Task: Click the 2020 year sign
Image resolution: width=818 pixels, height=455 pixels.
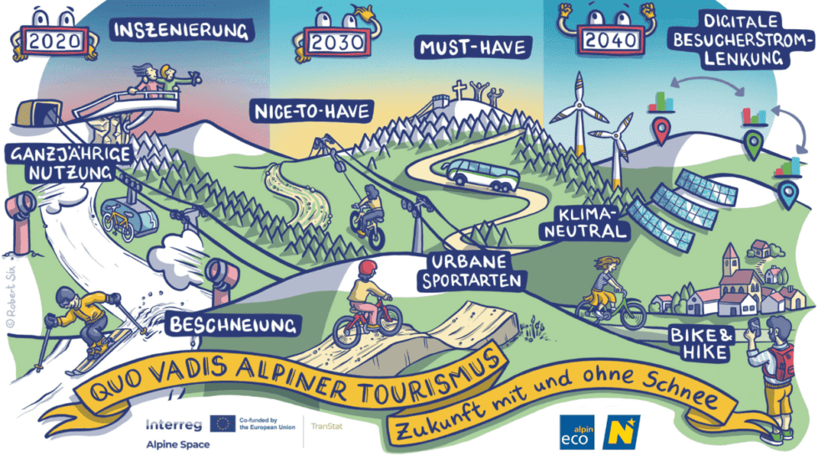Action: pos(53,39)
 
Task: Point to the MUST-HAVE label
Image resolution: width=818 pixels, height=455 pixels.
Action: pos(472,48)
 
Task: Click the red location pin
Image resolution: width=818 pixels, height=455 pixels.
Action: pos(662,132)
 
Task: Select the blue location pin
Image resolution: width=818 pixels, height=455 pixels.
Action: pos(787,195)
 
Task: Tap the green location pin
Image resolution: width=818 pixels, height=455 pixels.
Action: pos(754,146)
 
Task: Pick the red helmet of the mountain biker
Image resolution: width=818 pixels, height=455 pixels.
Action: pos(368,269)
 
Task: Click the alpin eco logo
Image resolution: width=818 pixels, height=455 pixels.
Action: pos(577,432)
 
